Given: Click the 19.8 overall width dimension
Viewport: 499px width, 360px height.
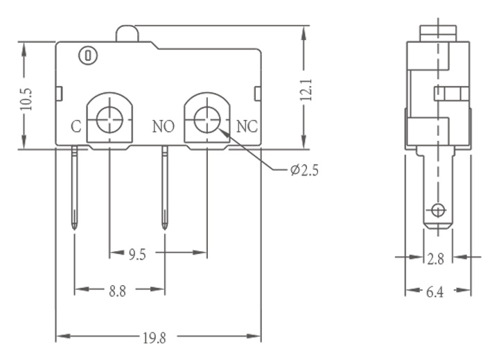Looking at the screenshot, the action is (x=155, y=338).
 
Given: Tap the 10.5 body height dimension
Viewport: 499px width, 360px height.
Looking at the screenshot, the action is (x=26, y=99).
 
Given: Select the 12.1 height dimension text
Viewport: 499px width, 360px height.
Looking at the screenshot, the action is (x=306, y=90).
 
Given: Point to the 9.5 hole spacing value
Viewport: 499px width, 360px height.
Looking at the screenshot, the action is (x=137, y=255).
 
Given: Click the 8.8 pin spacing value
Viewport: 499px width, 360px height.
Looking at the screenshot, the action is (x=117, y=291).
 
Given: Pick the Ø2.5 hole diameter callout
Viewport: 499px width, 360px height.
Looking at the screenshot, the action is (x=304, y=171).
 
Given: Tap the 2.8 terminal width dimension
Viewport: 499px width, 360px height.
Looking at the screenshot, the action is (x=435, y=259).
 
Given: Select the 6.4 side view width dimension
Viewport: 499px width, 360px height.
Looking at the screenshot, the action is (x=435, y=292).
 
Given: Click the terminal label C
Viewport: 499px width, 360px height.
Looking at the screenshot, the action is (x=76, y=126).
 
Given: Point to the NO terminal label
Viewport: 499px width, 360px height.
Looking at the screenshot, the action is (x=164, y=126).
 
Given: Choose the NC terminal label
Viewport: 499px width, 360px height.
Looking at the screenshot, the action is (x=247, y=126).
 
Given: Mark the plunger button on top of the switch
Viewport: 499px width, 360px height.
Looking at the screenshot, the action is (x=128, y=34).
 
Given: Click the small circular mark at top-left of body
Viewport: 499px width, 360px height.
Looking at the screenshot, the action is (x=88, y=55).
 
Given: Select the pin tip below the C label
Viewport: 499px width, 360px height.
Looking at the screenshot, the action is (x=74, y=228).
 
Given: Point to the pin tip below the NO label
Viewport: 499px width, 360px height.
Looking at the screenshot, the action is (x=164, y=228).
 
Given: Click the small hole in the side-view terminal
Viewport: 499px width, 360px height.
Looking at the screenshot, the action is (x=438, y=210).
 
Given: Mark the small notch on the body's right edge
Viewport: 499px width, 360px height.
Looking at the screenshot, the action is (x=258, y=94).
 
